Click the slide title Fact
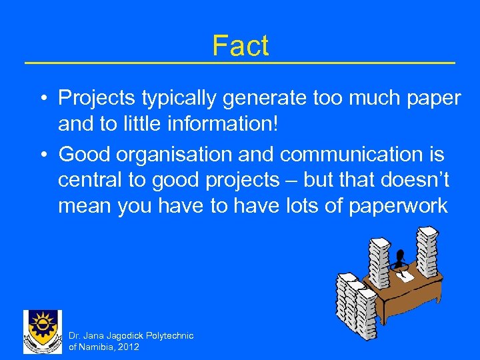point(240,45)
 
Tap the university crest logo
point(42,331)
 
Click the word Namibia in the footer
point(98,347)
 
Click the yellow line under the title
point(240,63)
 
